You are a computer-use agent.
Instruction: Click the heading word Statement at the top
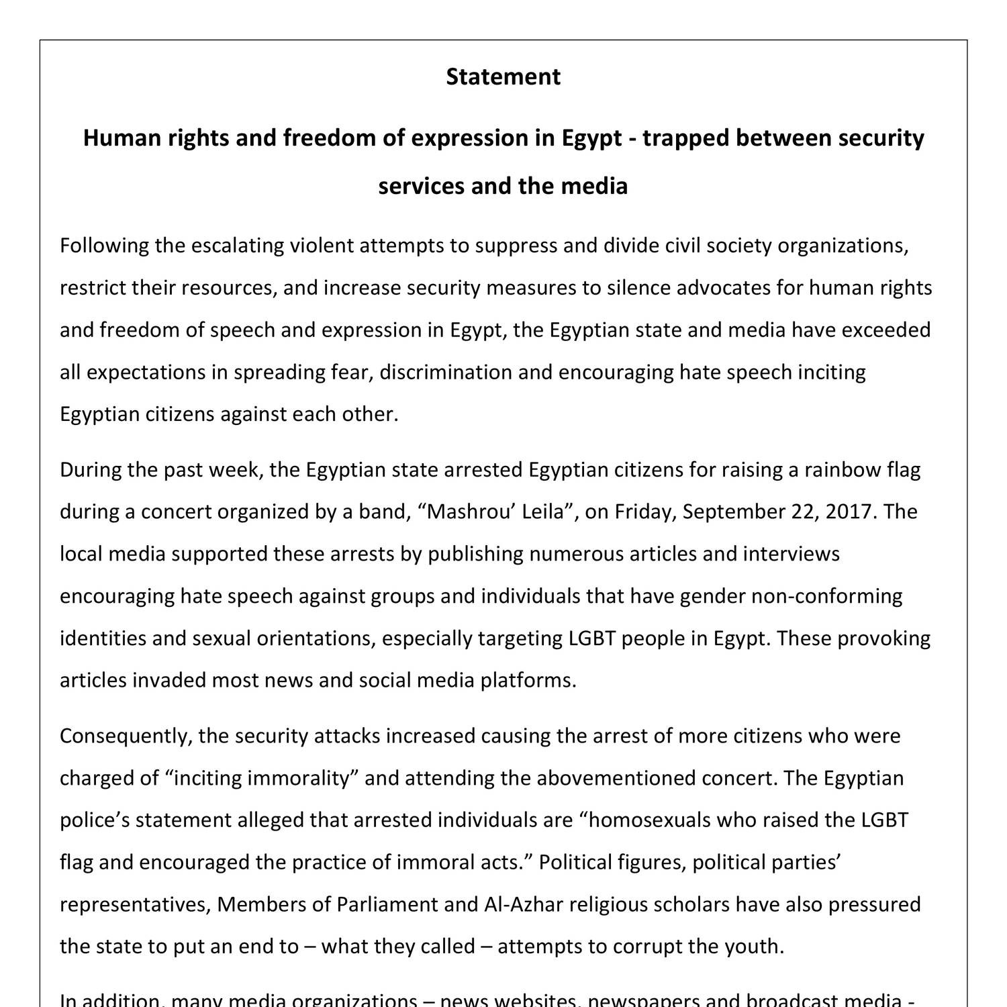pyautogui.click(x=503, y=77)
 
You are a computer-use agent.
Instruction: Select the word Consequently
pyautogui.click(x=126, y=736)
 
